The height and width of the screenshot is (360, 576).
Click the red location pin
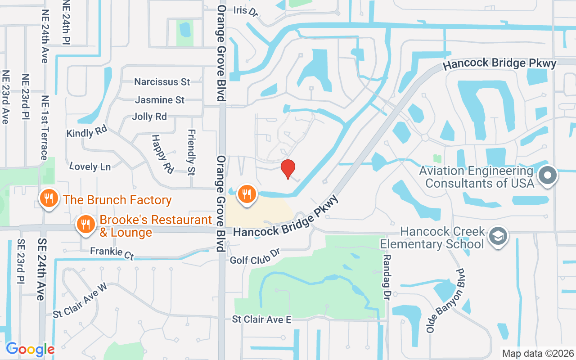click(x=288, y=169)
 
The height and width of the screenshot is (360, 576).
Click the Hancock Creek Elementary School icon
click(x=498, y=236)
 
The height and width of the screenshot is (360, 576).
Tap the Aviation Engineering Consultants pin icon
click(x=548, y=175)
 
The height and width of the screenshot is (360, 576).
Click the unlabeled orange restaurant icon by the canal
click(x=246, y=194)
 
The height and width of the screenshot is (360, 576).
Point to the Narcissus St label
click(x=162, y=82)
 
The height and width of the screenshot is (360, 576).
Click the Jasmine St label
click(x=160, y=99)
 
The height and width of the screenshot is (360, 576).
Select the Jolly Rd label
click(x=149, y=117)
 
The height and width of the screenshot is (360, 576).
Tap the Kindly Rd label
click(x=86, y=132)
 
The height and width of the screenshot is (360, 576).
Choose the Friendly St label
click(x=191, y=146)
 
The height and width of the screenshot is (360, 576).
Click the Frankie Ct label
click(x=112, y=253)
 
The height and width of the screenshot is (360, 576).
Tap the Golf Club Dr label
click(x=255, y=257)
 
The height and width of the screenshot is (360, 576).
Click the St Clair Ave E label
click(x=261, y=319)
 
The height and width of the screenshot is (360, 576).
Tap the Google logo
click(x=30, y=349)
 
